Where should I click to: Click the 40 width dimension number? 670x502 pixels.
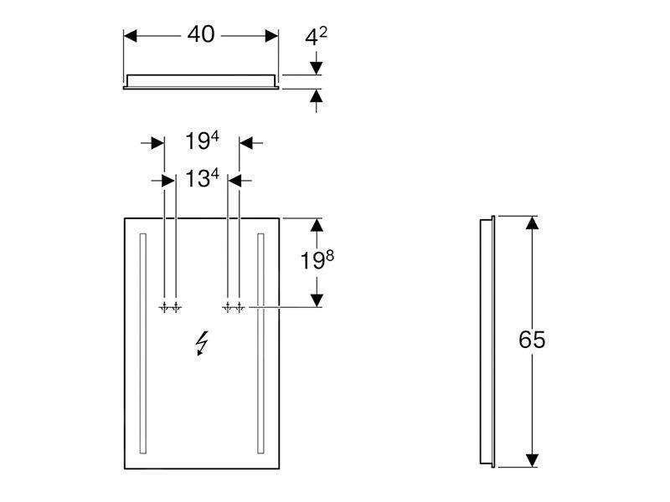tap(201, 34)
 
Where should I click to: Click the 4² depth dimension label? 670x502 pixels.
tap(316, 36)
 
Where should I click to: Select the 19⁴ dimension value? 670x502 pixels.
tap(202, 141)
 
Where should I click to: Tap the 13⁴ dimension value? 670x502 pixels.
tap(202, 178)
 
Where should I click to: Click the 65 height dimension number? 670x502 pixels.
tap(532, 340)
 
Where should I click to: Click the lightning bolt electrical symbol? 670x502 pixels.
tap(202, 343)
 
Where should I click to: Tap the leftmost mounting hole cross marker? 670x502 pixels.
tap(164, 308)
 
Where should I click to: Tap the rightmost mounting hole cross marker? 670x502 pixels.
tap(240, 308)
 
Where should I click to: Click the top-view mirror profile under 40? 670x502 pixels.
tap(201, 80)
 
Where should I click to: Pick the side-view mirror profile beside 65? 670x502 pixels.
tap(486, 341)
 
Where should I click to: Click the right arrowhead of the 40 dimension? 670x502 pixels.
tap(272, 35)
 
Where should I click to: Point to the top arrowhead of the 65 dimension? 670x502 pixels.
tap(531, 223)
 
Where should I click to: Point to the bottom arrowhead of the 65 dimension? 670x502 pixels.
tap(531, 459)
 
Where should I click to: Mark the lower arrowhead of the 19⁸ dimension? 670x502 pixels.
tap(317, 300)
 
